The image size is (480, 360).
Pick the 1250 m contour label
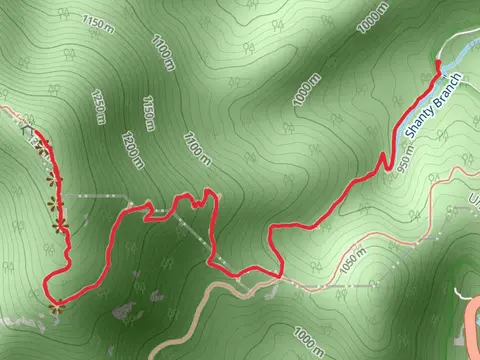click(x=98, y=103)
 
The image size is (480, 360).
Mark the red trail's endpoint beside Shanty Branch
click(x=438, y=65)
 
